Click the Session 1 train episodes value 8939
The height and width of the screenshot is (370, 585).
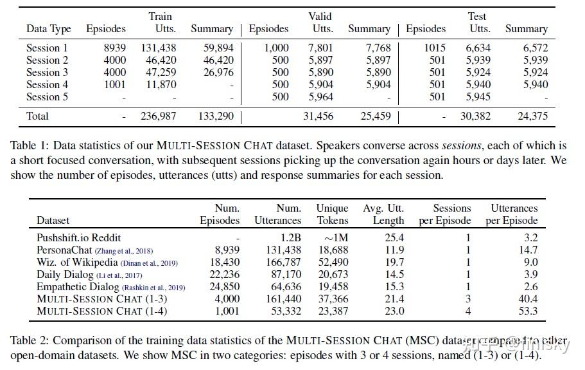[115, 48]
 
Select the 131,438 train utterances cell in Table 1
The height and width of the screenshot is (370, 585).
[158, 48]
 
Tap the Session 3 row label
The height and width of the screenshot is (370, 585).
[47, 72]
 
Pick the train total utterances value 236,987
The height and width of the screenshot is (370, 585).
[158, 116]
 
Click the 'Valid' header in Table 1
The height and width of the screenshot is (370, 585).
[320, 16]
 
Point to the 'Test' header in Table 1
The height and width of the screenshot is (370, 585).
[477, 16]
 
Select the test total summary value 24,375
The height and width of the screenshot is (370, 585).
[532, 116]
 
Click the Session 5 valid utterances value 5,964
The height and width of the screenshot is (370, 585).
[321, 97]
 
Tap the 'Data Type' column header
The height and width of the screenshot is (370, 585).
[46, 29]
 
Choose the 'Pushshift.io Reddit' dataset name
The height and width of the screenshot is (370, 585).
[78, 237]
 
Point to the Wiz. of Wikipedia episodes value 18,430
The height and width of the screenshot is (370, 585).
[224, 262]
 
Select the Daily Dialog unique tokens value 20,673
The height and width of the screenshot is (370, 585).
[333, 274]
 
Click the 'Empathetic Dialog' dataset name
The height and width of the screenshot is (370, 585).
[78, 286]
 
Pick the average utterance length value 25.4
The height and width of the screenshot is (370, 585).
[392, 237]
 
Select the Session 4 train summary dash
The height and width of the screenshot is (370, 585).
[231, 84]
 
